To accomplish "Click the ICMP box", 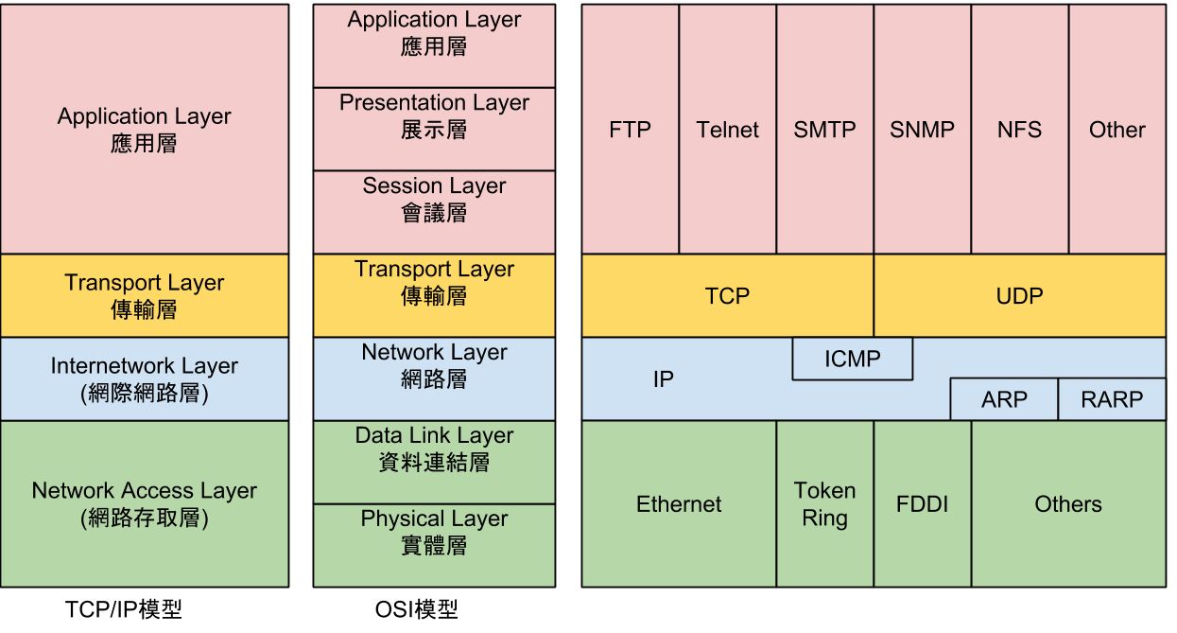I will (852, 359).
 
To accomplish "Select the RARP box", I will (1111, 399).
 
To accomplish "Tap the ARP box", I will (1003, 399).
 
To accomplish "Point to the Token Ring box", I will (824, 504).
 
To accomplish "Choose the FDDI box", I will (922, 504).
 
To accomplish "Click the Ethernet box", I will (679, 504).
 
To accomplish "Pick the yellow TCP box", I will (727, 296).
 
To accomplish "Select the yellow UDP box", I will (1019, 296).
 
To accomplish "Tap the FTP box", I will (630, 130).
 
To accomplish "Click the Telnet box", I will (727, 130).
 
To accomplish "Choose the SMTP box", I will (824, 130).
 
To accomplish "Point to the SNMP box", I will (922, 130).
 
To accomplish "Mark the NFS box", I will (1019, 130).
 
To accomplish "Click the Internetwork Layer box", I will (145, 379).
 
